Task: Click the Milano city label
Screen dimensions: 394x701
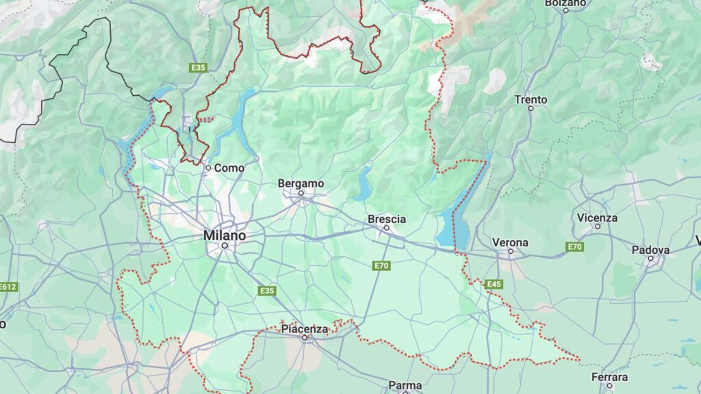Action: (224, 235)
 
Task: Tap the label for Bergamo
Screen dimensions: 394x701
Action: (301, 183)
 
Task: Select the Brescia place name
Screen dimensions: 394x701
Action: (387, 219)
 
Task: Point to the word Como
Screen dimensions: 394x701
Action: (229, 168)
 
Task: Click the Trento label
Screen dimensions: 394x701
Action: (531, 100)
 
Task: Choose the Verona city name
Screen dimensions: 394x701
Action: (510, 242)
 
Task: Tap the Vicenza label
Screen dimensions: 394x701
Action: (597, 218)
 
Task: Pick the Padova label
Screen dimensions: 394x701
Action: (650, 250)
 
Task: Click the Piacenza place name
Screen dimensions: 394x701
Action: (305, 329)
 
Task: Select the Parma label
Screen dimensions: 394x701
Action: (405, 386)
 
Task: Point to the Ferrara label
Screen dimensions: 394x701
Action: (609, 377)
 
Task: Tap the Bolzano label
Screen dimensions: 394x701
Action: (565, 3)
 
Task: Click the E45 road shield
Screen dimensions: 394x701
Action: (493, 284)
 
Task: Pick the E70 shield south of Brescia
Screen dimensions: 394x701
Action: (381, 265)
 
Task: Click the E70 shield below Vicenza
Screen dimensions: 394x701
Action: (574, 246)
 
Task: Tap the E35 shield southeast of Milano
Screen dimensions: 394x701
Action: (267, 291)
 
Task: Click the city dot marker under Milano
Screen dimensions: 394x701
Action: (224, 245)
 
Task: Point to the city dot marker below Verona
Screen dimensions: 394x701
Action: (510, 251)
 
